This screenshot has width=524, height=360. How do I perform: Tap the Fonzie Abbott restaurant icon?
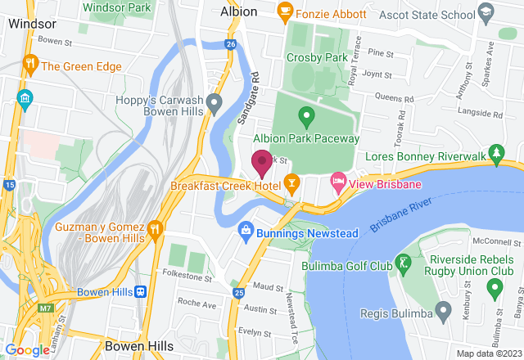point(286,11)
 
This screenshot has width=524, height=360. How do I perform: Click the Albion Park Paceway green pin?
point(306,116)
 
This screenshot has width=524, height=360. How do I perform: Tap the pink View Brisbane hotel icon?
point(337,181)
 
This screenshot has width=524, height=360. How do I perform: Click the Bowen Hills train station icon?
point(141,291)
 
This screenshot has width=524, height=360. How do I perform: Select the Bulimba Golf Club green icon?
point(403,263)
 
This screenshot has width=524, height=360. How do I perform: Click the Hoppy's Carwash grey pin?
point(215,103)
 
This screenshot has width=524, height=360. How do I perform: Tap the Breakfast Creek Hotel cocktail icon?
point(289,181)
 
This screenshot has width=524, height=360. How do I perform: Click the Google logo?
point(26,350)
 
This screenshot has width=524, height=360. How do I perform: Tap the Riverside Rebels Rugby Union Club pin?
point(494,288)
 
